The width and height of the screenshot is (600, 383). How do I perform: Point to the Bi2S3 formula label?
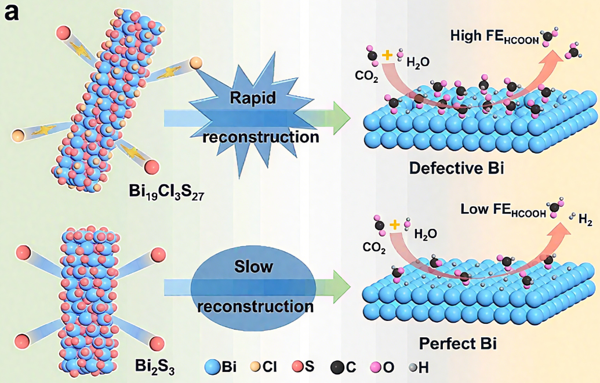pyautogui.click(x=154, y=366)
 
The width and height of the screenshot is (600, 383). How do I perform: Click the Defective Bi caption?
pyautogui.click(x=456, y=168)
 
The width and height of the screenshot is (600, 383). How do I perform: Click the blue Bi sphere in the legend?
pyautogui.click(x=212, y=366)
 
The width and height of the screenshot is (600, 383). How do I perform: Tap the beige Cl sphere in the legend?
pyautogui.click(x=254, y=367)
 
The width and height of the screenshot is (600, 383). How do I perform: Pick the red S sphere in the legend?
pyautogui.click(x=297, y=367)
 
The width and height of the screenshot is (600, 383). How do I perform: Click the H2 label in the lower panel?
pyautogui.click(x=584, y=221)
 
